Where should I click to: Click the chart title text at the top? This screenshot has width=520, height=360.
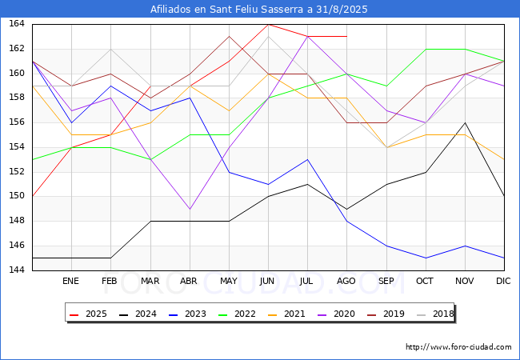click(x=258, y=9)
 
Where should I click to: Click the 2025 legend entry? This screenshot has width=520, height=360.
click(x=88, y=314)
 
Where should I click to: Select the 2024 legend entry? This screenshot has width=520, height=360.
click(x=138, y=314)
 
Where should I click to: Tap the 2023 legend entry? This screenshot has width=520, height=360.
click(x=188, y=314)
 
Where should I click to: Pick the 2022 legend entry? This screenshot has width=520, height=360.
click(x=237, y=314)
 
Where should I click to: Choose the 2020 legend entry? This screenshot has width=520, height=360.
click(x=336, y=314)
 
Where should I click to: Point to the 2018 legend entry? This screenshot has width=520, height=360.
click(x=435, y=314)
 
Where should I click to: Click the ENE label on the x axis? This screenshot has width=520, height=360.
click(x=70, y=281)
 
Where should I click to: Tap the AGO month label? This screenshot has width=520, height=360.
click(x=346, y=281)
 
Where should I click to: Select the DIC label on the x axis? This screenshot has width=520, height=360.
click(x=503, y=281)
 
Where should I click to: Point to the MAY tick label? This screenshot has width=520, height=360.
click(x=229, y=281)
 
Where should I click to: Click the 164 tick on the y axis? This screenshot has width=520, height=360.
click(x=17, y=24)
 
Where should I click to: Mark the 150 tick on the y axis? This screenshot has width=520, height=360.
click(x=17, y=196)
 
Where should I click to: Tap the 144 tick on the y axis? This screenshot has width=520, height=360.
click(x=17, y=270)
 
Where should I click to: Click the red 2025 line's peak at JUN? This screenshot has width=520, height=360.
click(x=268, y=25)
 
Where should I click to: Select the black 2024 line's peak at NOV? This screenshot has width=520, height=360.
click(x=466, y=122)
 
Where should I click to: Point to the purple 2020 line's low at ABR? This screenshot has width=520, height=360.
click(x=190, y=209)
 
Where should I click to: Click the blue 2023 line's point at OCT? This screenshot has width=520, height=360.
click(x=426, y=258)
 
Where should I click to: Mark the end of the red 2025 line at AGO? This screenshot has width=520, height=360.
click(x=347, y=37)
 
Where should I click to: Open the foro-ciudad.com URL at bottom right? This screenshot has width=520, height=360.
click(x=458, y=347)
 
